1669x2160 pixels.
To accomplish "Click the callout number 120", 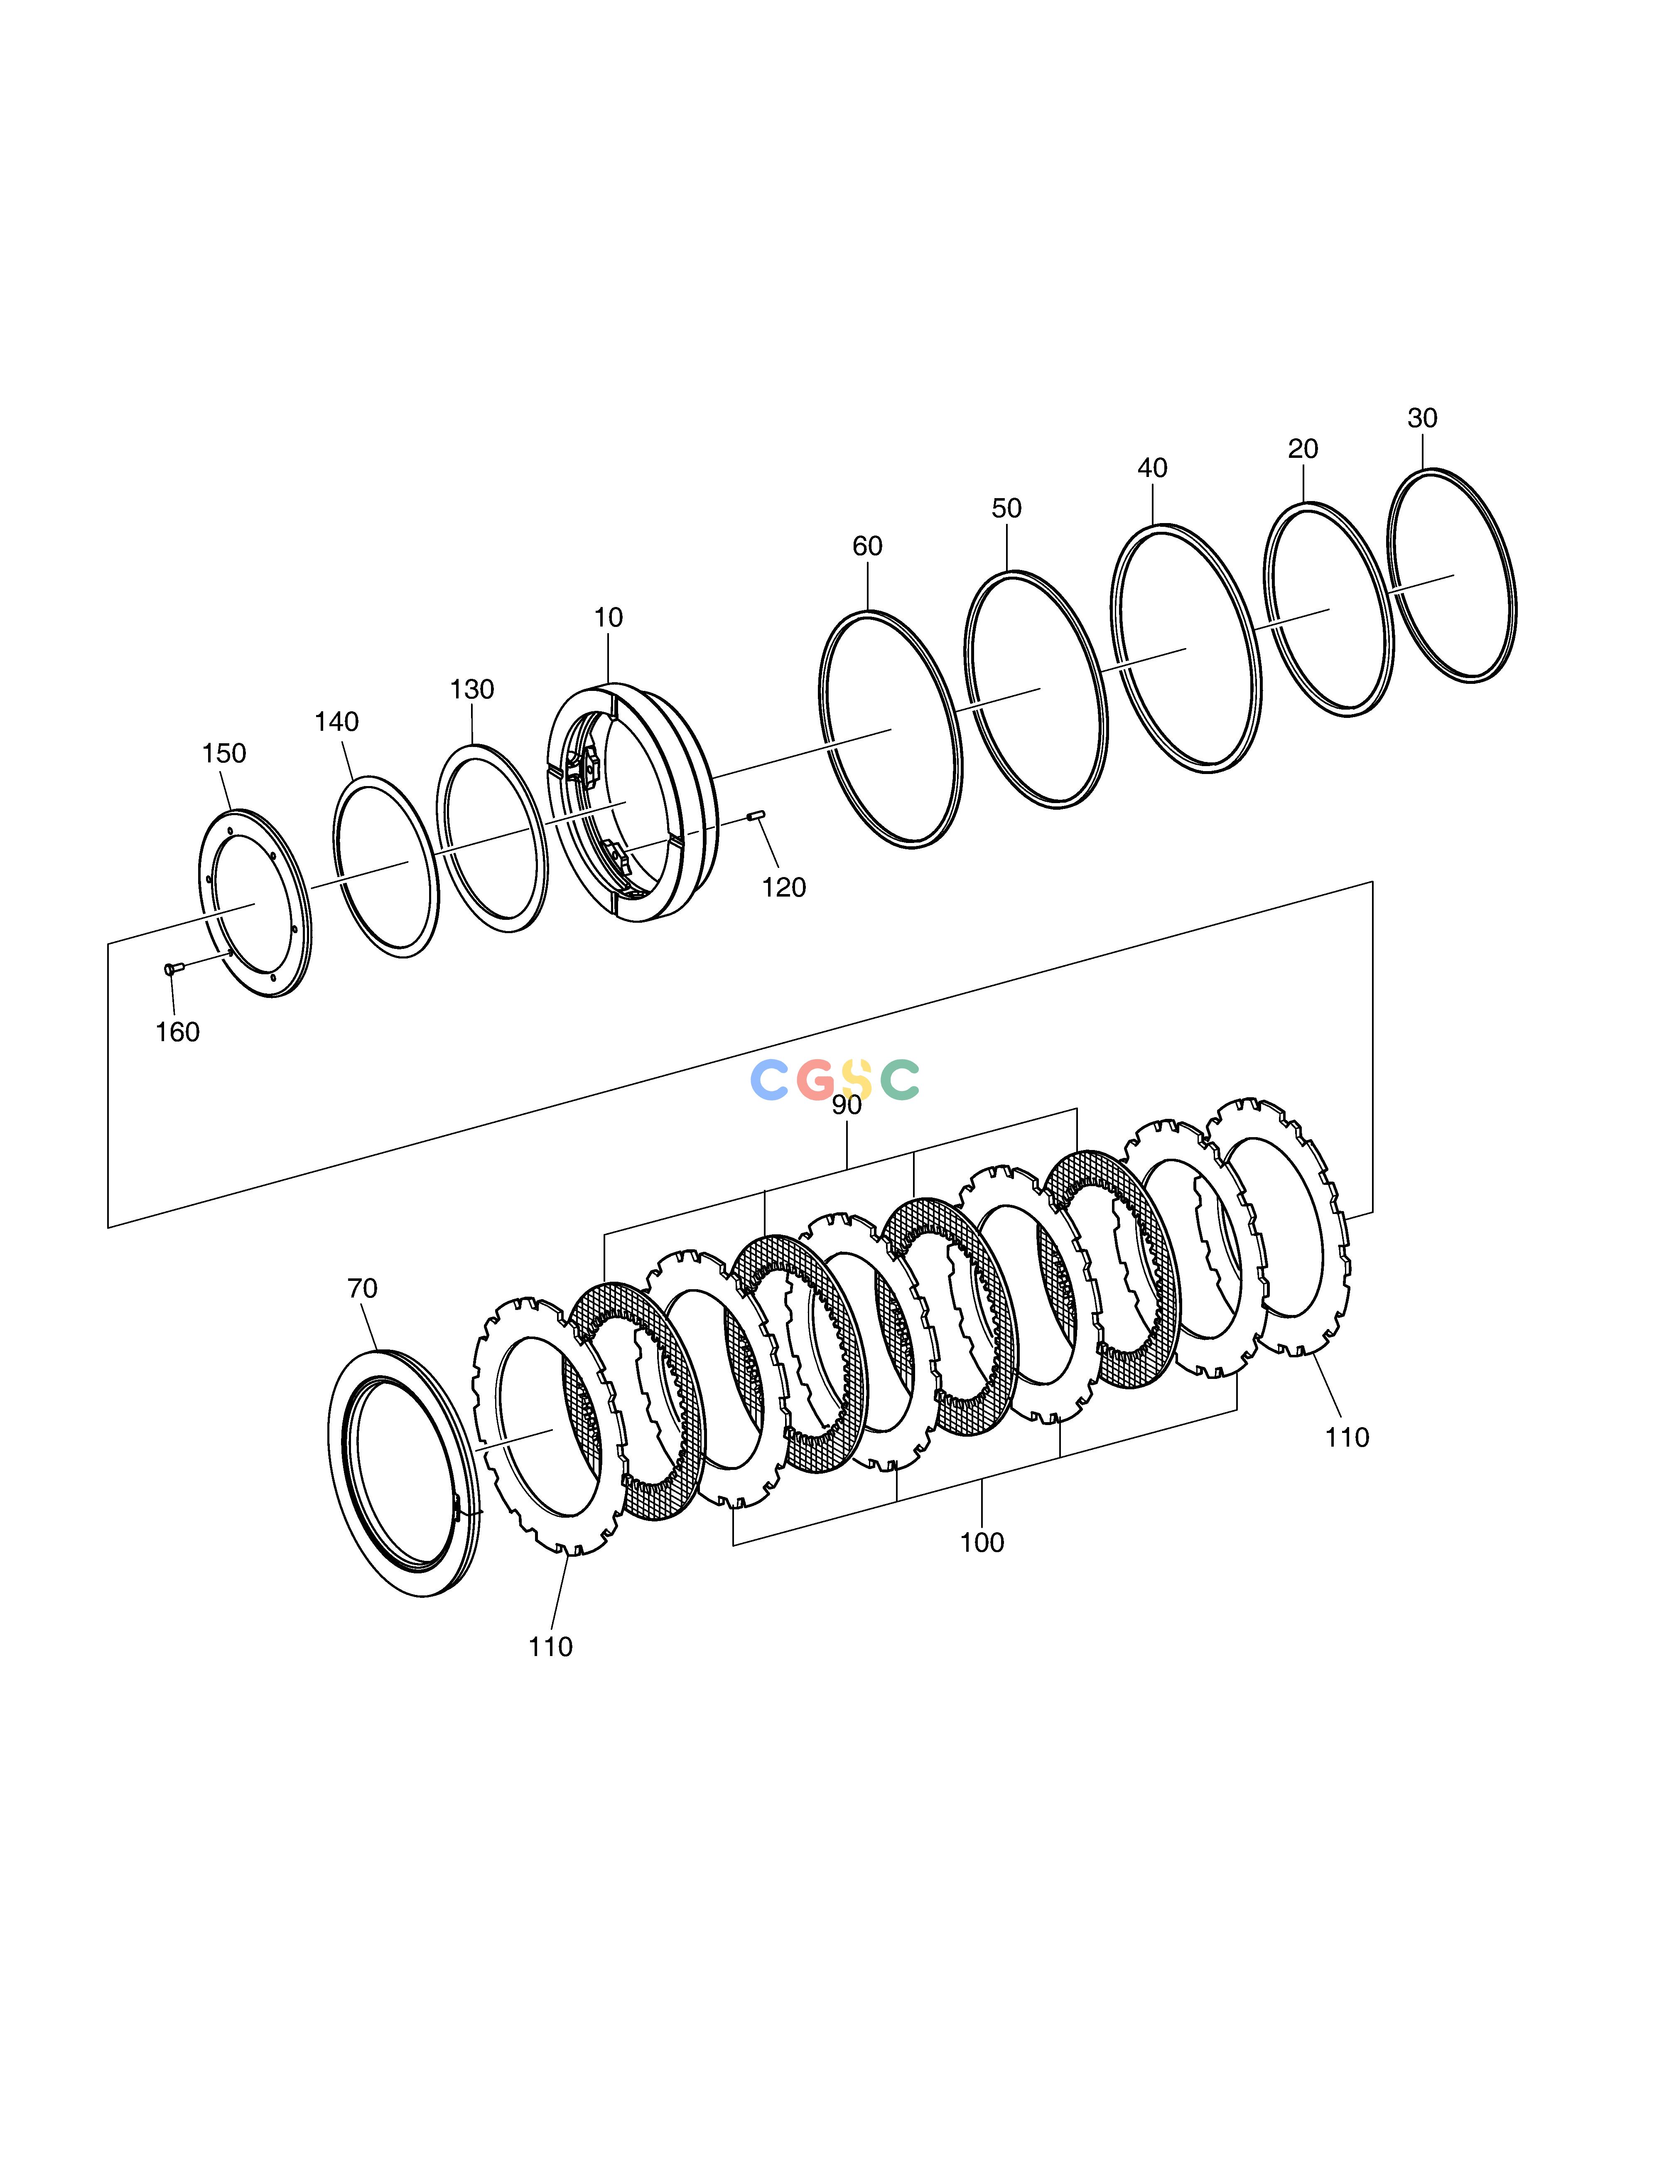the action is [x=784, y=887].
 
